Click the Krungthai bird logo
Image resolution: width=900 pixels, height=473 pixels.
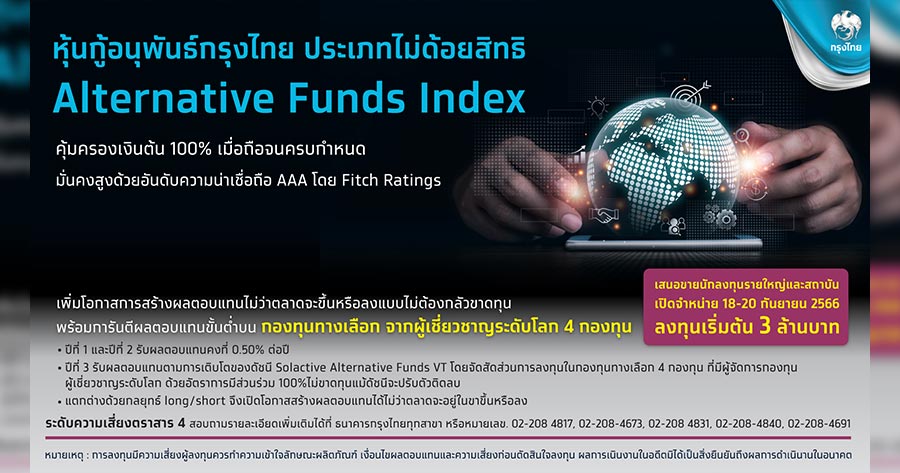(x=845, y=28)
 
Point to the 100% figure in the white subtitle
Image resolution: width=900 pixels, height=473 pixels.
(x=191, y=149)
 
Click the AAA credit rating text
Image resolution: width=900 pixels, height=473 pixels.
(x=292, y=180)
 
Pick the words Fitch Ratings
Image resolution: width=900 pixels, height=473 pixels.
(x=391, y=180)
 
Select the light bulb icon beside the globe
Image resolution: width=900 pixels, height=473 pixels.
(x=598, y=107)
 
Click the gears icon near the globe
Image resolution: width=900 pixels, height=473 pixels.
(x=720, y=216)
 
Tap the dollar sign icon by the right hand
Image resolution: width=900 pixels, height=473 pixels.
(x=755, y=188)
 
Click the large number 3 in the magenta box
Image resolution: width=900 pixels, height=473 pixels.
(x=765, y=326)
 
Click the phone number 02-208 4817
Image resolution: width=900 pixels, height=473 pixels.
(x=542, y=424)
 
